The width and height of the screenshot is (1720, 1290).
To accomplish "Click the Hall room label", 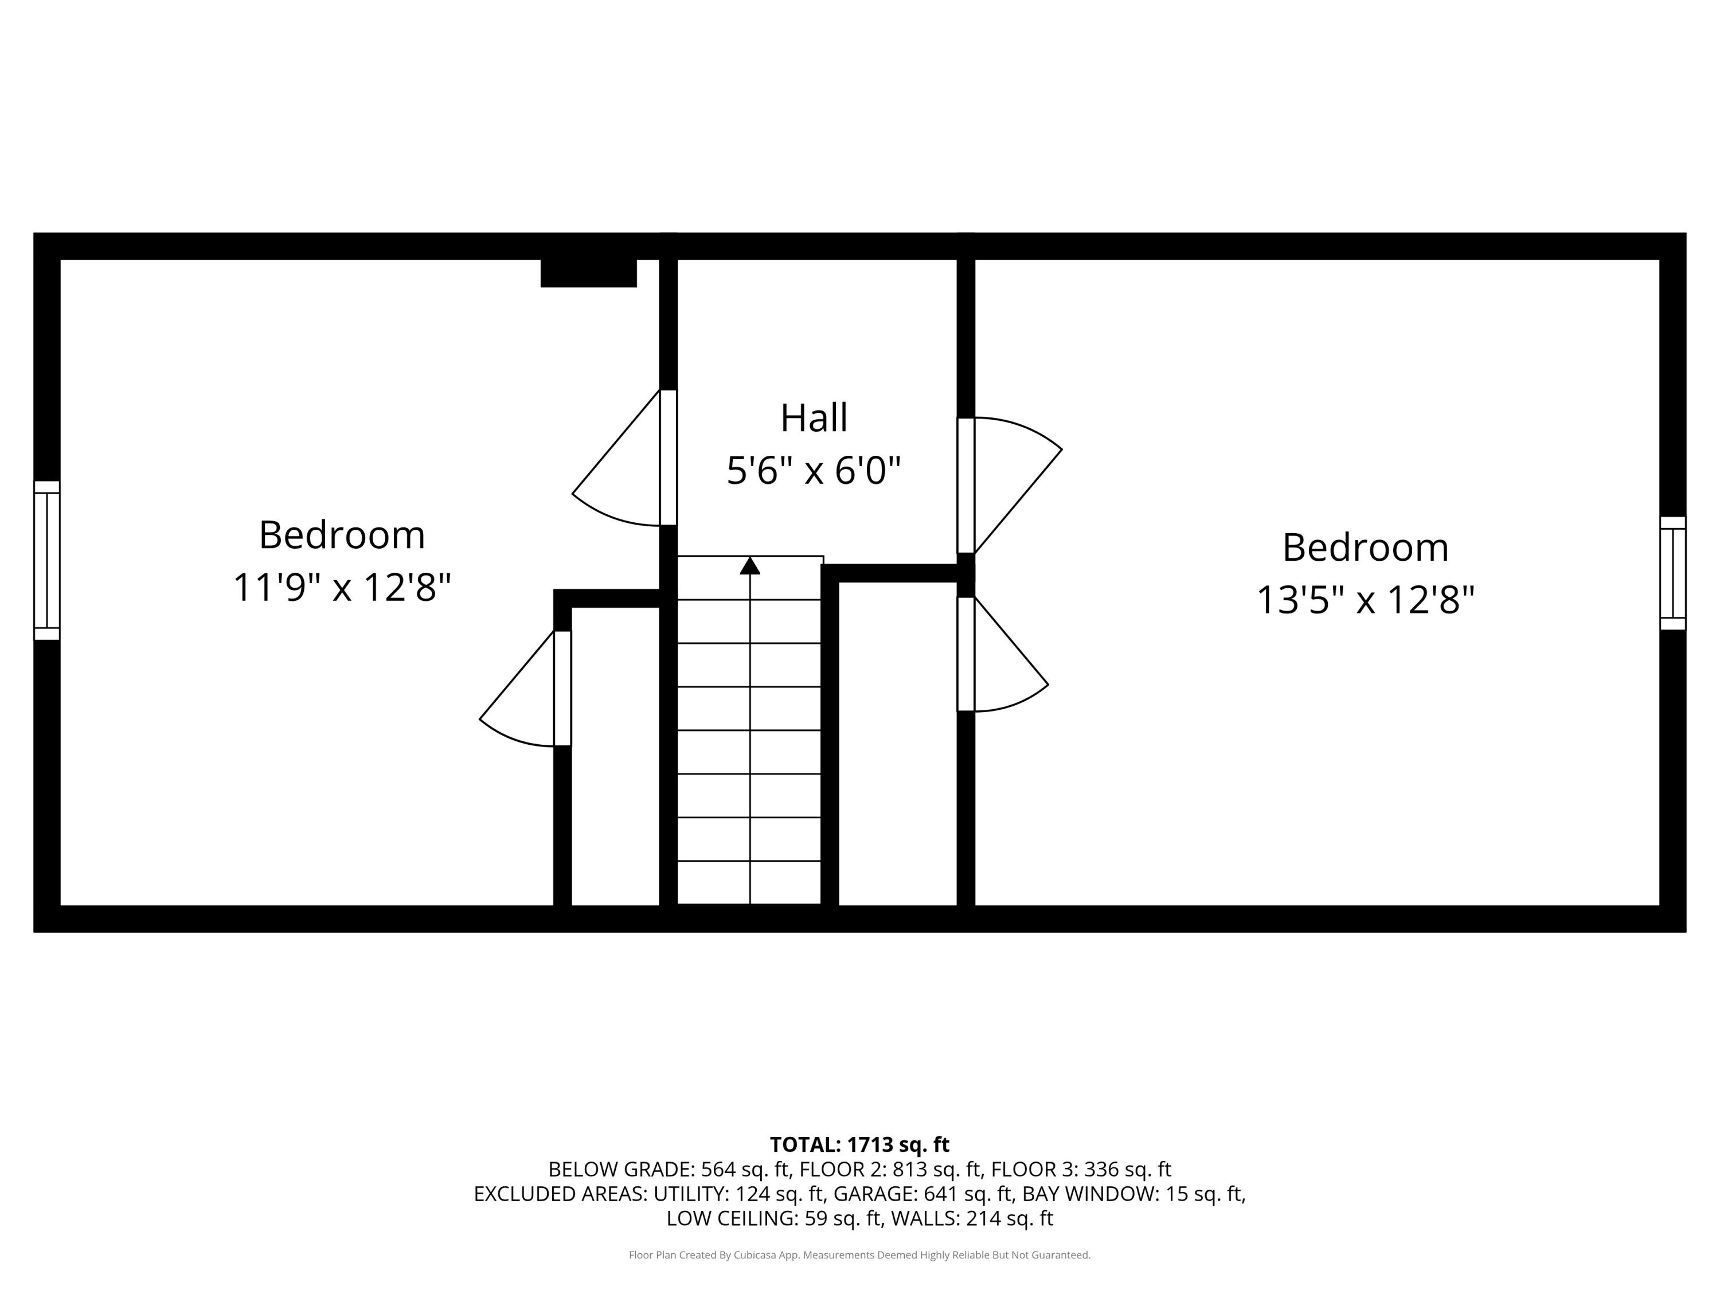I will point(814,419).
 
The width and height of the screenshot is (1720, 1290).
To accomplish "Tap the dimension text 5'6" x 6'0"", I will point(814,471).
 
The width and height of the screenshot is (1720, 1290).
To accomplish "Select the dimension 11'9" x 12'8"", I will point(342,587).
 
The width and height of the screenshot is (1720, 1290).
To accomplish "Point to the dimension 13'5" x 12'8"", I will point(1366,600).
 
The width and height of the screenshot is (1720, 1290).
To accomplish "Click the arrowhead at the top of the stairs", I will point(749,566).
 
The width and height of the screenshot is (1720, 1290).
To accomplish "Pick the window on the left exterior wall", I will point(46,560).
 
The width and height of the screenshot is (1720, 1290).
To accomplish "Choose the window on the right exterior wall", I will point(1672,573).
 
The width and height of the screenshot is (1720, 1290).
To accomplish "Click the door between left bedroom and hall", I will point(668,457).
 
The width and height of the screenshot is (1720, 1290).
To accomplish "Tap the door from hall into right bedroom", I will point(965,485).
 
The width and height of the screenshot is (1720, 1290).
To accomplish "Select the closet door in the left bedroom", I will point(562,688).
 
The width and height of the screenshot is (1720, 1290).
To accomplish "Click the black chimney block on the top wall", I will point(589,273).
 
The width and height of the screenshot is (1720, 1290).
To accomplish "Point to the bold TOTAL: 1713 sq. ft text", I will point(859,1144).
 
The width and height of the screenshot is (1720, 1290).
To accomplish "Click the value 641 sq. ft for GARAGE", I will point(968,1194).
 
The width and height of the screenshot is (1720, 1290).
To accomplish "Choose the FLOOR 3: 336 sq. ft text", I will point(1081,1170).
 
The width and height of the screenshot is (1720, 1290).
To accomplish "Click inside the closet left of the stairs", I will point(615,755).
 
